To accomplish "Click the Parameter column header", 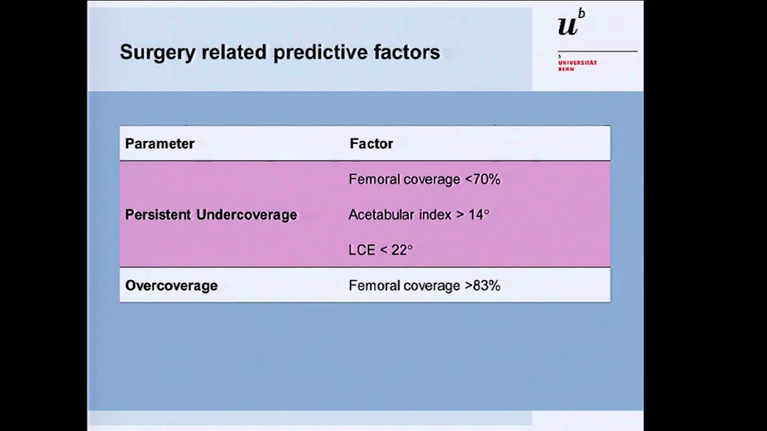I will tap(159, 144).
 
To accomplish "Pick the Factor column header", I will tap(371, 144).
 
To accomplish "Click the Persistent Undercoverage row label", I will tap(211, 215).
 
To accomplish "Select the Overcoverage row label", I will tap(171, 286).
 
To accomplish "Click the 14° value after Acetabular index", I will tap(479, 214).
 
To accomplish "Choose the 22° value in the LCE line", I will tap(401, 250).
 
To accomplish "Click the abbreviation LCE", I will tap(361, 250).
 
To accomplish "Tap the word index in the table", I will tap(431, 214).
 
